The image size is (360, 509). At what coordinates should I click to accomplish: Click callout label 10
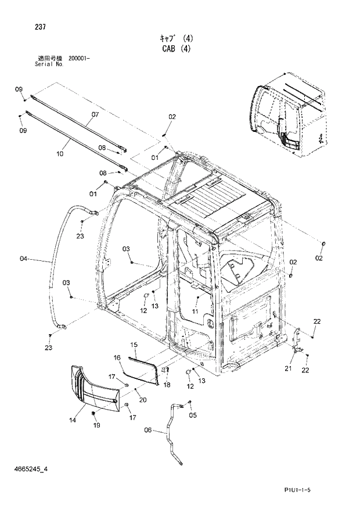coord(59,154)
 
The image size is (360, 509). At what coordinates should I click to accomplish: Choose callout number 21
coord(289,368)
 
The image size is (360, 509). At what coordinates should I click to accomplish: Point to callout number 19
coord(96,425)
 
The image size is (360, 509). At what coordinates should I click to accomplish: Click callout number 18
coord(167,385)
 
